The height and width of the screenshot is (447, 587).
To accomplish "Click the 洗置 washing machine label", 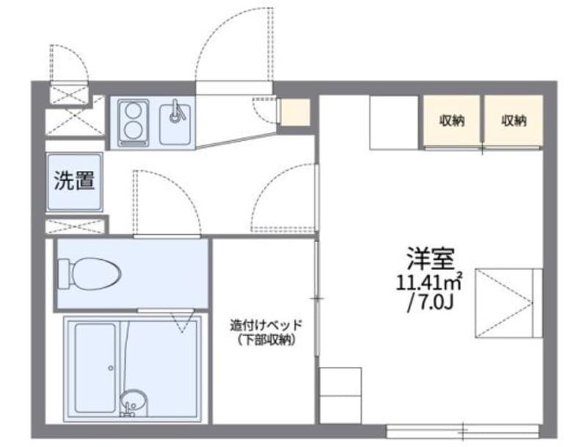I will [74, 181].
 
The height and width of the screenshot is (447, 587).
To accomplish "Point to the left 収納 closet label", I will [451, 121].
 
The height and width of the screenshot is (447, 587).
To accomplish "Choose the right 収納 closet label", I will [514, 121].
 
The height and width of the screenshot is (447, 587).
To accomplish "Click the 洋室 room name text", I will [431, 258].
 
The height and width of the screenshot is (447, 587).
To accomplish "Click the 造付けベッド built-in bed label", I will [266, 324].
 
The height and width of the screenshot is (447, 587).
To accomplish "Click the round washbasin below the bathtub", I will [132, 402].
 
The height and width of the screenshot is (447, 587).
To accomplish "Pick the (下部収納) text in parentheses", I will [266, 339].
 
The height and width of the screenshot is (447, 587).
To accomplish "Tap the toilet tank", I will [65, 273].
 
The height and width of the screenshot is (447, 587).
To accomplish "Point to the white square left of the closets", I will [393, 121].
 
